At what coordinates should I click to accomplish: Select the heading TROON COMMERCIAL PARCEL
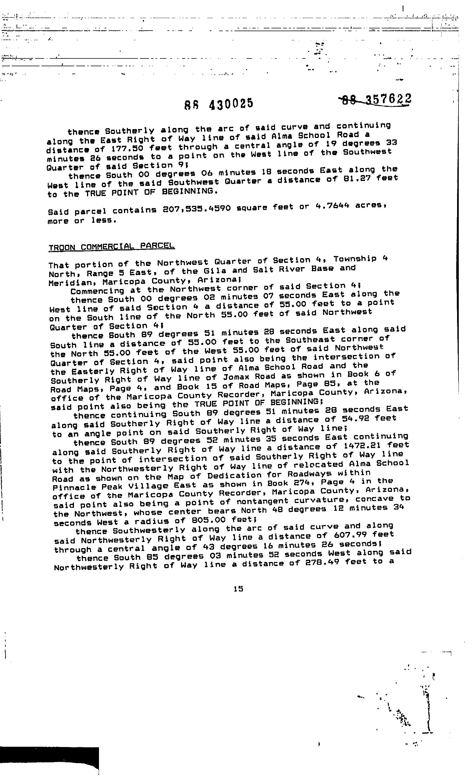coord(111,246)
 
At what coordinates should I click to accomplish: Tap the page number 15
coord(239,588)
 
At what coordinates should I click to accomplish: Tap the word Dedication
coord(235,475)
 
